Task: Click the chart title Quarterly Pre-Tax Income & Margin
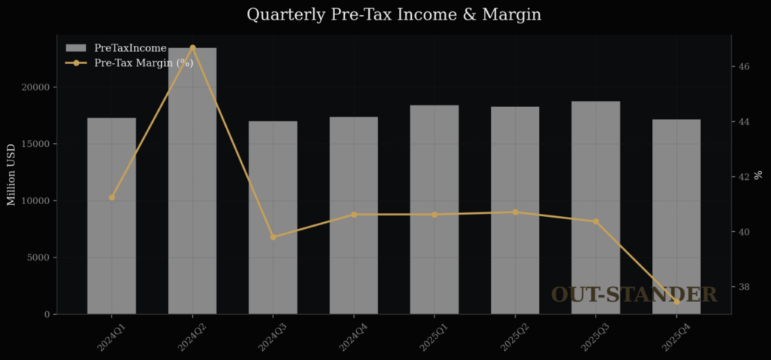tap(394, 14)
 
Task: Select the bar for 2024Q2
tap(192, 181)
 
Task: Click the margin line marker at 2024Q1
tap(111, 197)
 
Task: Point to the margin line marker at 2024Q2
tap(192, 47)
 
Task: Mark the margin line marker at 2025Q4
tap(676, 302)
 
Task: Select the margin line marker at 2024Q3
tap(273, 237)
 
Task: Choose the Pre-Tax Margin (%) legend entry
tap(143, 63)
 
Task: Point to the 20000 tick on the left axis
tap(34, 87)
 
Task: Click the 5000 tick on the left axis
tap(37, 258)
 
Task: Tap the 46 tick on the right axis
tap(743, 66)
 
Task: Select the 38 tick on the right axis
tap(743, 287)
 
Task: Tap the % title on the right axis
tap(758, 175)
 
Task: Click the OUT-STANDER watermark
tap(634, 294)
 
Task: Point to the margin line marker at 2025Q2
tap(515, 212)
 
